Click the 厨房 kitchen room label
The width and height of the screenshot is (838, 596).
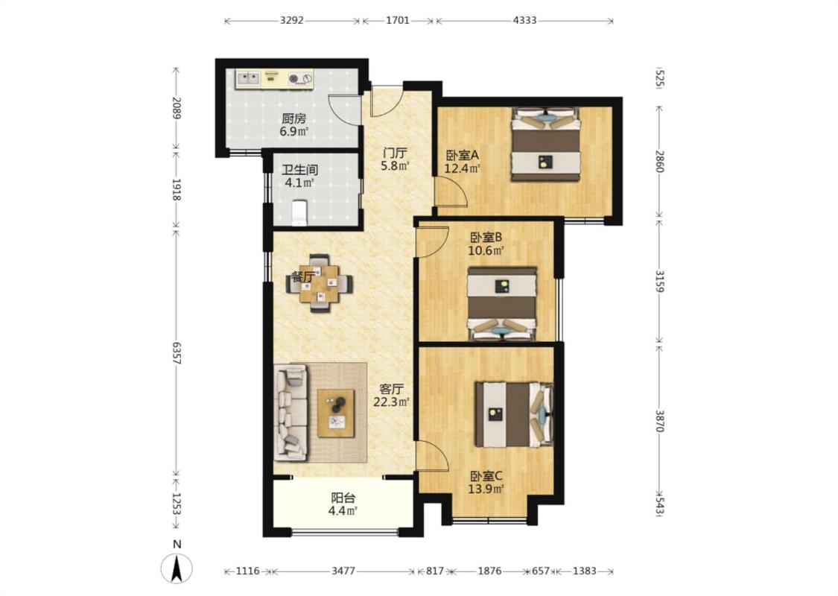pyautogui.click(x=293, y=118)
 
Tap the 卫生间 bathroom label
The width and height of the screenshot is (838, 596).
pyautogui.click(x=300, y=170)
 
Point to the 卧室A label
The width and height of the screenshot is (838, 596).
pyautogui.click(x=463, y=156)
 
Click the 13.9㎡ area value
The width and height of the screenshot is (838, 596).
pyautogui.click(x=486, y=489)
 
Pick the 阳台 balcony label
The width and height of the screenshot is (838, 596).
pyautogui.click(x=343, y=498)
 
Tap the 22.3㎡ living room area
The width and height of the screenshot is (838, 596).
pyautogui.click(x=391, y=402)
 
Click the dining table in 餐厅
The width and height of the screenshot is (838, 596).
pyautogui.click(x=320, y=283)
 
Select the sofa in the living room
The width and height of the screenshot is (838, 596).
pyautogui.click(x=291, y=412)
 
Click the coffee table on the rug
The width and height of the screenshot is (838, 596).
pyautogui.click(x=336, y=413)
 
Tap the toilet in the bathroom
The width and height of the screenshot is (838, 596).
pyautogui.click(x=299, y=212)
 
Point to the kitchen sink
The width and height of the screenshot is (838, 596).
pyautogui.click(x=248, y=78)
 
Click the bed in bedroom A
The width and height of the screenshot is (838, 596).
pyautogui.click(x=546, y=145)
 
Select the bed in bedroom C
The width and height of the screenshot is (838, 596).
pyautogui.click(x=514, y=413)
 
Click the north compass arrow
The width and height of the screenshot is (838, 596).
pyautogui.click(x=177, y=568)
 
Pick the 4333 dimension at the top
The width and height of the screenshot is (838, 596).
pyautogui.click(x=524, y=20)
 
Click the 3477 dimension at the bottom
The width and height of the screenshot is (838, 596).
pyautogui.click(x=343, y=571)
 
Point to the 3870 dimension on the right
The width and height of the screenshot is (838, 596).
pyautogui.click(x=659, y=421)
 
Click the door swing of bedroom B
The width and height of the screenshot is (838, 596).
pyautogui.click(x=434, y=242)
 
